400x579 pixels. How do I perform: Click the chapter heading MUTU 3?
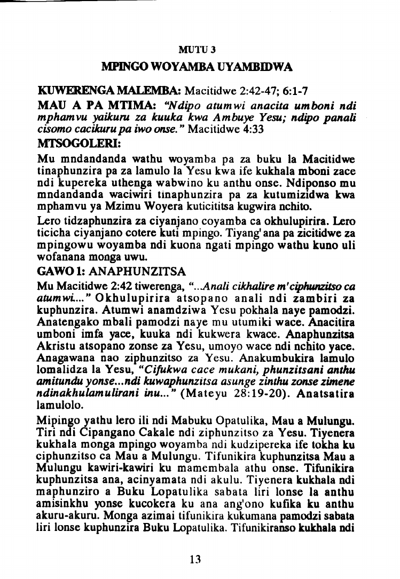(197, 51)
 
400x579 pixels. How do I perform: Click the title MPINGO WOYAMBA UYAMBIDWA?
(197, 68)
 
